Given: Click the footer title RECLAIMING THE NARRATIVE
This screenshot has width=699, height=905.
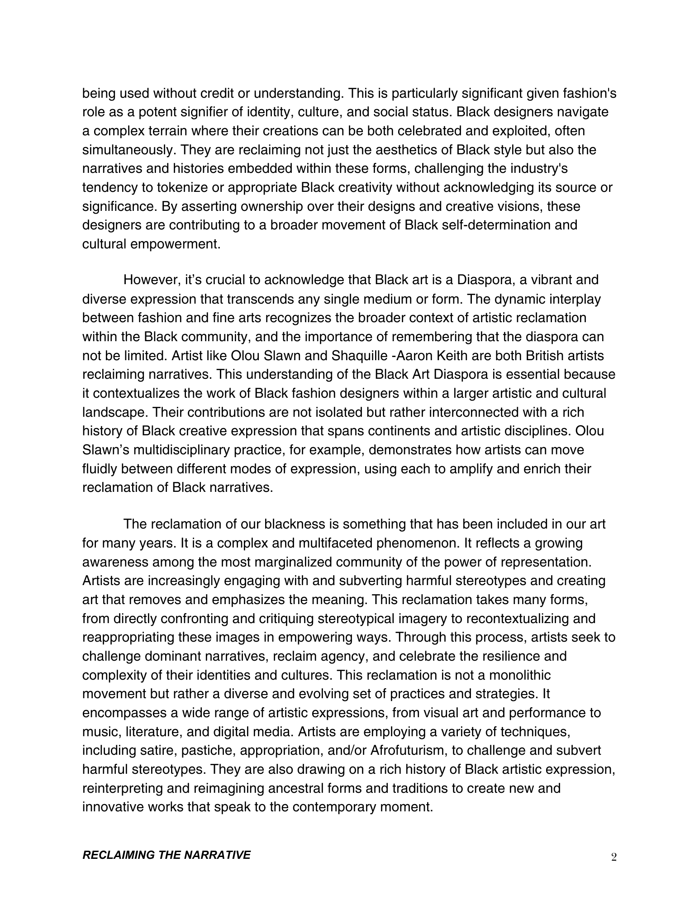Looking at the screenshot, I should click(166, 854).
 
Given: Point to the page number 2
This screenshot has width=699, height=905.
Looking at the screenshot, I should click(613, 855).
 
